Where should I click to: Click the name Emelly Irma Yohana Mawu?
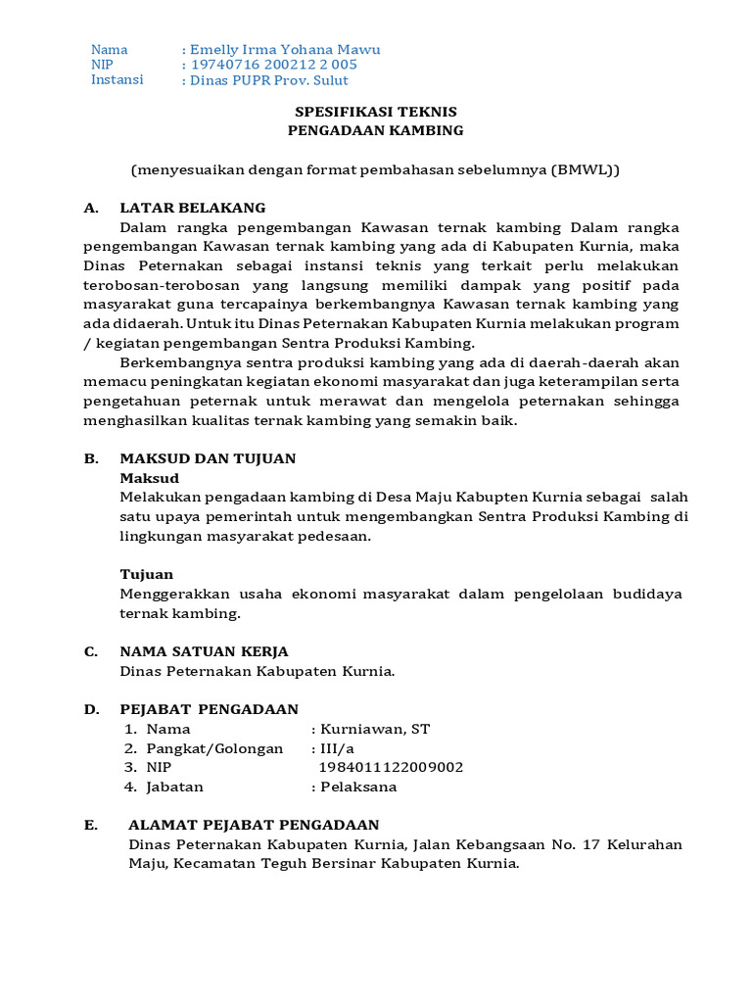[285, 50]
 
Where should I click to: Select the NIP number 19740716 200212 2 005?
[273, 65]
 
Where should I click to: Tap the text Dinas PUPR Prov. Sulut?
[269, 80]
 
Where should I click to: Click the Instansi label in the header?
[117, 79]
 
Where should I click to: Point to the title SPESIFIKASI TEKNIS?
[376, 112]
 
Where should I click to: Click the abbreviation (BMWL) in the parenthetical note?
[585, 169]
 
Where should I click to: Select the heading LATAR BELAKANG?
[193, 208]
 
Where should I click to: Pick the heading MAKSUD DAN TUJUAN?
[208, 458]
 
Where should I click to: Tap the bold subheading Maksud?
[150, 478]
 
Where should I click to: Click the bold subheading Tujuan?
[147, 574]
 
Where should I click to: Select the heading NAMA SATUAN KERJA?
[204, 651]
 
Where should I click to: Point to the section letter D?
[90, 709]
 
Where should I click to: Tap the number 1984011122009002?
[392, 767]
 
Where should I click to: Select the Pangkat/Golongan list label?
[214, 748]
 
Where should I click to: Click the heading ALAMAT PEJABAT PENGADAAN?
[254, 825]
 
